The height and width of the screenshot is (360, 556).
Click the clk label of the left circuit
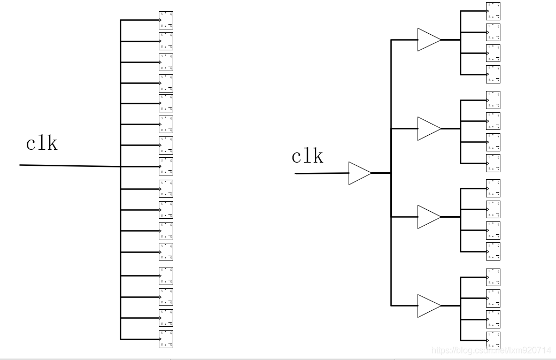pyautogui.click(x=42, y=143)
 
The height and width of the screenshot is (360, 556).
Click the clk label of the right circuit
pyautogui.click(x=307, y=156)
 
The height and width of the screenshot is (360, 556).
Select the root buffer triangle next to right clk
pyautogui.click(x=359, y=173)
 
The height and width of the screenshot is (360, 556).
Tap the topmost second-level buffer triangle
pyautogui.click(x=428, y=40)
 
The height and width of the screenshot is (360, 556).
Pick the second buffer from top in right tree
pyautogui.click(x=428, y=128)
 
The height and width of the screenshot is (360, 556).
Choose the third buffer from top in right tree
pyautogui.click(x=428, y=217)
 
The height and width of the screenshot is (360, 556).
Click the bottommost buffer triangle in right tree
pyautogui.click(x=428, y=305)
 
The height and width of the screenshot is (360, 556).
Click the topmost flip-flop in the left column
pyautogui.click(x=166, y=20)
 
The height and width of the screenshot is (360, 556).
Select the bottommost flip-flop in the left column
pyautogui.click(x=166, y=339)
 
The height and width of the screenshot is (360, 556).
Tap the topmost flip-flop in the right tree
pyautogui.click(x=493, y=11)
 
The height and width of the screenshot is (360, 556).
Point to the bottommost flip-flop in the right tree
pyautogui.click(x=493, y=340)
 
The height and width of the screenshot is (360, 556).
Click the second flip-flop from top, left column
pyautogui.click(x=166, y=41)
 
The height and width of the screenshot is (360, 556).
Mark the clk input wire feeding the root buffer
pyautogui.click(x=321, y=173)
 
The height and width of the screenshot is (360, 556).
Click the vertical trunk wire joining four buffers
pyautogui.click(x=391, y=257)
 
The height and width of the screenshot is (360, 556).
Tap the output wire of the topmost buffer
pyautogui.click(x=450, y=40)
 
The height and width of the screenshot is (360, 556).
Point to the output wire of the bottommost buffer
pyautogui.click(x=450, y=305)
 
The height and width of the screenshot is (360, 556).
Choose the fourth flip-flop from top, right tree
pyautogui.click(x=493, y=73)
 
